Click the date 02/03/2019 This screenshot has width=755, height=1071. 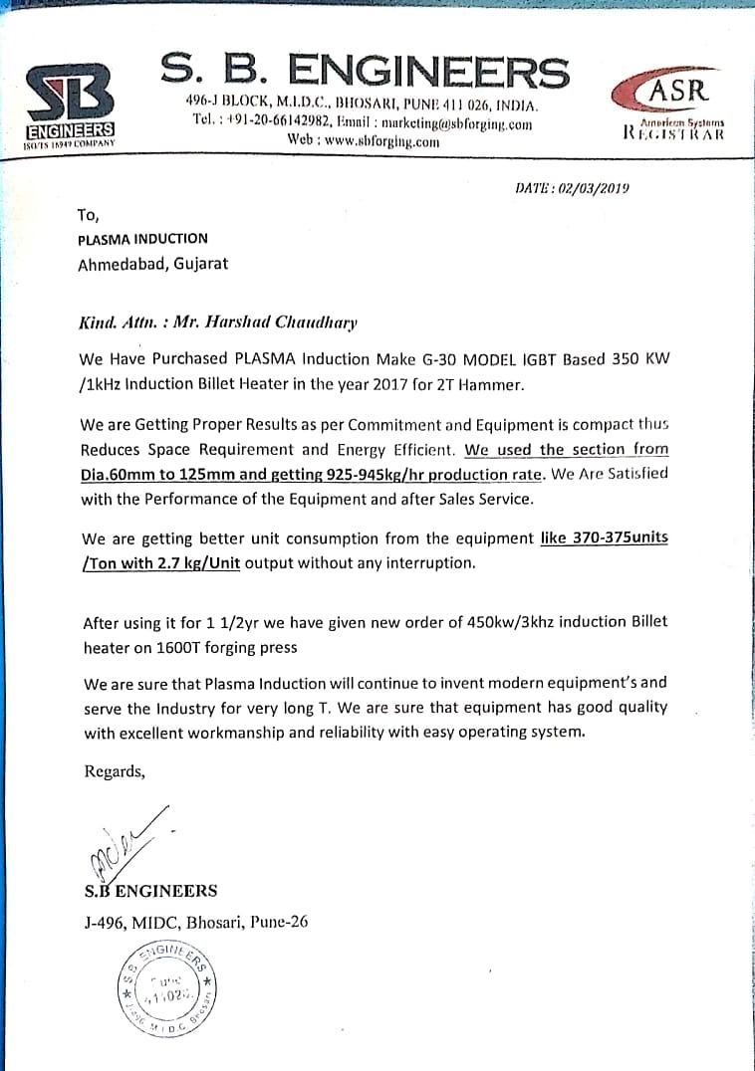coord(595,187)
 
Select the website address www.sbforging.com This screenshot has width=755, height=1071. coord(363,141)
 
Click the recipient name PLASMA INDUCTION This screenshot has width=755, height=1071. coord(142,238)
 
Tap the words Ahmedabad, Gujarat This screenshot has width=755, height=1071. coord(152,264)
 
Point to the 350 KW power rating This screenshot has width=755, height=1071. coord(638,358)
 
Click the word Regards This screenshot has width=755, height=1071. coord(114,770)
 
